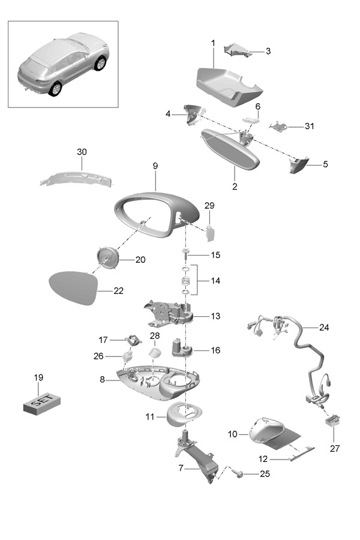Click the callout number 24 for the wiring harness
(324, 327)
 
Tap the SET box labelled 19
(42, 404)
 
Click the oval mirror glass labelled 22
(73, 288)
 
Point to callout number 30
(82, 152)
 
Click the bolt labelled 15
(186, 254)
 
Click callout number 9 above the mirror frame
(155, 166)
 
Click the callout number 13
(215, 316)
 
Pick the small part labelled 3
(237, 50)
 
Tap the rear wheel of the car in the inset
(55, 89)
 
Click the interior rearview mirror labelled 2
(229, 150)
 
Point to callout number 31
(310, 127)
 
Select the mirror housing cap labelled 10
(273, 433)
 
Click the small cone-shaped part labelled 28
(155, 353)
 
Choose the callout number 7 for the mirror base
(181, 468)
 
